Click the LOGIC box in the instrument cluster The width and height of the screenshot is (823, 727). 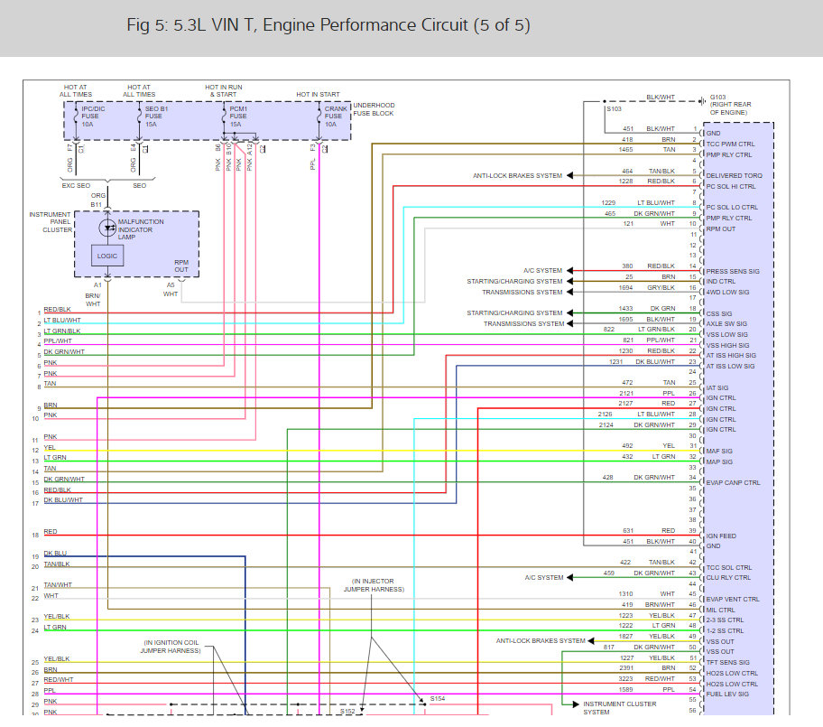tap(107, 256)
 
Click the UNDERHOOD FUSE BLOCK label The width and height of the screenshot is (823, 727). tap(373, 109)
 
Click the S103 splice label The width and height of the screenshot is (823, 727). tap(615, 108)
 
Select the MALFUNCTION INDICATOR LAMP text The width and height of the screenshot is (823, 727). tap(141, 228)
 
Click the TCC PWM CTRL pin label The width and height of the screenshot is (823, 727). tap(729, 144)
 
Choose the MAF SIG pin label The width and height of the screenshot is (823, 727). tap(719, 451)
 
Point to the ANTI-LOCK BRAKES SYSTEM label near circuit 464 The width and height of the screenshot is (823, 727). tap(517, 176)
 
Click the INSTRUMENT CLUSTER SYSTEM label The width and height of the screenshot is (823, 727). tap(619, 708)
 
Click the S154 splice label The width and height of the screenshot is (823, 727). tap(438, 698)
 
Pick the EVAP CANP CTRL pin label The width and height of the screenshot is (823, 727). tap(733, 482)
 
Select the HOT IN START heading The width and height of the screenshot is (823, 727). tap(319, 94)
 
